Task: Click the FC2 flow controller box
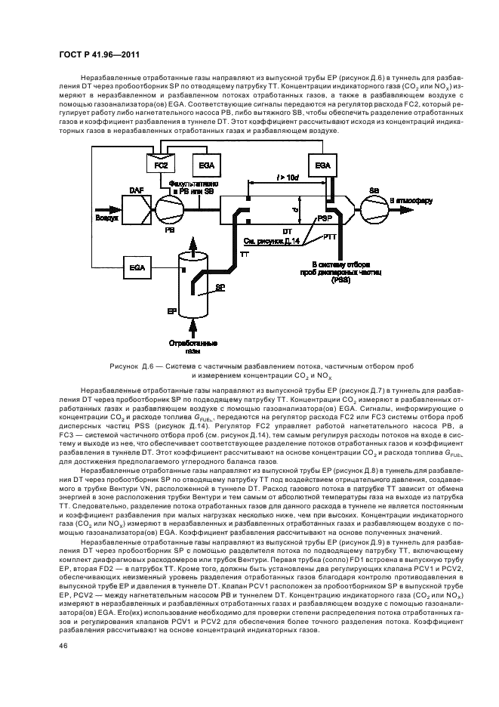(160, 164)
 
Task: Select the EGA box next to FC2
(205, 164)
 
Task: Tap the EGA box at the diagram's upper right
(322, 164)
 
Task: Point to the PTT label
(330, 238)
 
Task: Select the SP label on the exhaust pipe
(220, 288)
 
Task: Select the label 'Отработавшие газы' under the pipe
(194, 347)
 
